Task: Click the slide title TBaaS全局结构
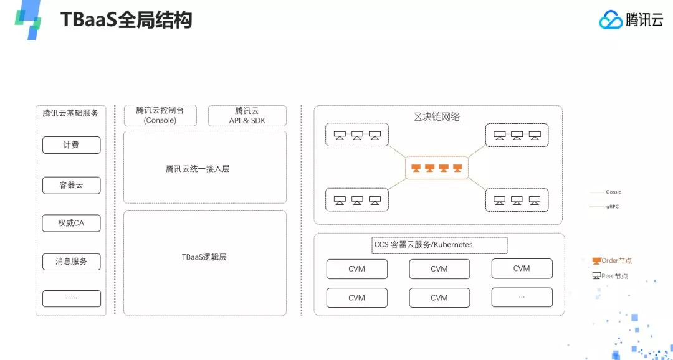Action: point(126,20)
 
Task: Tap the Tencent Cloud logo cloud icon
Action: point(611,20)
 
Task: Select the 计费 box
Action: point(71,145)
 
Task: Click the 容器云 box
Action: point(71,186)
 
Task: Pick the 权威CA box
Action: point(71,223)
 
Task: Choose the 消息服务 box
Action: point(71,262)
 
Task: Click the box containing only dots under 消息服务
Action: point(71,298)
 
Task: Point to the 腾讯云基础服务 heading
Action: point(71,113)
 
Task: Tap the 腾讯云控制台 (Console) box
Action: point(160,115)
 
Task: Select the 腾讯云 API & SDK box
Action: point(247,115)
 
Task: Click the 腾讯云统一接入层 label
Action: point(198,169)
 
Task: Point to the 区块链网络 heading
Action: point(436,116)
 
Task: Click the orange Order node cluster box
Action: point(437,168)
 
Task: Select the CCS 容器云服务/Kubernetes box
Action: point(439,245)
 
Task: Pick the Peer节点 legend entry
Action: point(610,276)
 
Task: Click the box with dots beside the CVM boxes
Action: point(522,297)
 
